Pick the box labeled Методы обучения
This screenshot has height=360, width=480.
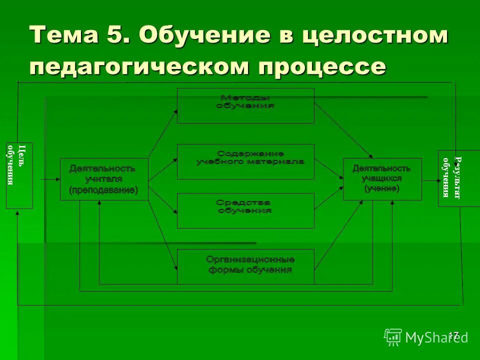(x=245, y=105)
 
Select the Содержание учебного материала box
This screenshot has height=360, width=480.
(x=245, y=161)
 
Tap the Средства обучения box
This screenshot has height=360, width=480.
(x=245, y=210)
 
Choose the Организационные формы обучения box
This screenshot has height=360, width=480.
(x=245, y=266)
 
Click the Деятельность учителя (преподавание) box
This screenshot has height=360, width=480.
(x=104, y=179)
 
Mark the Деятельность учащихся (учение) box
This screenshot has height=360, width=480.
(x=382, y=179)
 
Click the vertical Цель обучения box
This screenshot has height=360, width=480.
(x=19, y=175)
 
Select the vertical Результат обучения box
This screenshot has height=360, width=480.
(x=450, y=178)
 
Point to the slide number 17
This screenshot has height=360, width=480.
(x=453, y=335)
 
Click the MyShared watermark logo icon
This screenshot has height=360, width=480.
(x=393, y=337)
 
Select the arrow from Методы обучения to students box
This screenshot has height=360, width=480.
(x=343, y=131)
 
